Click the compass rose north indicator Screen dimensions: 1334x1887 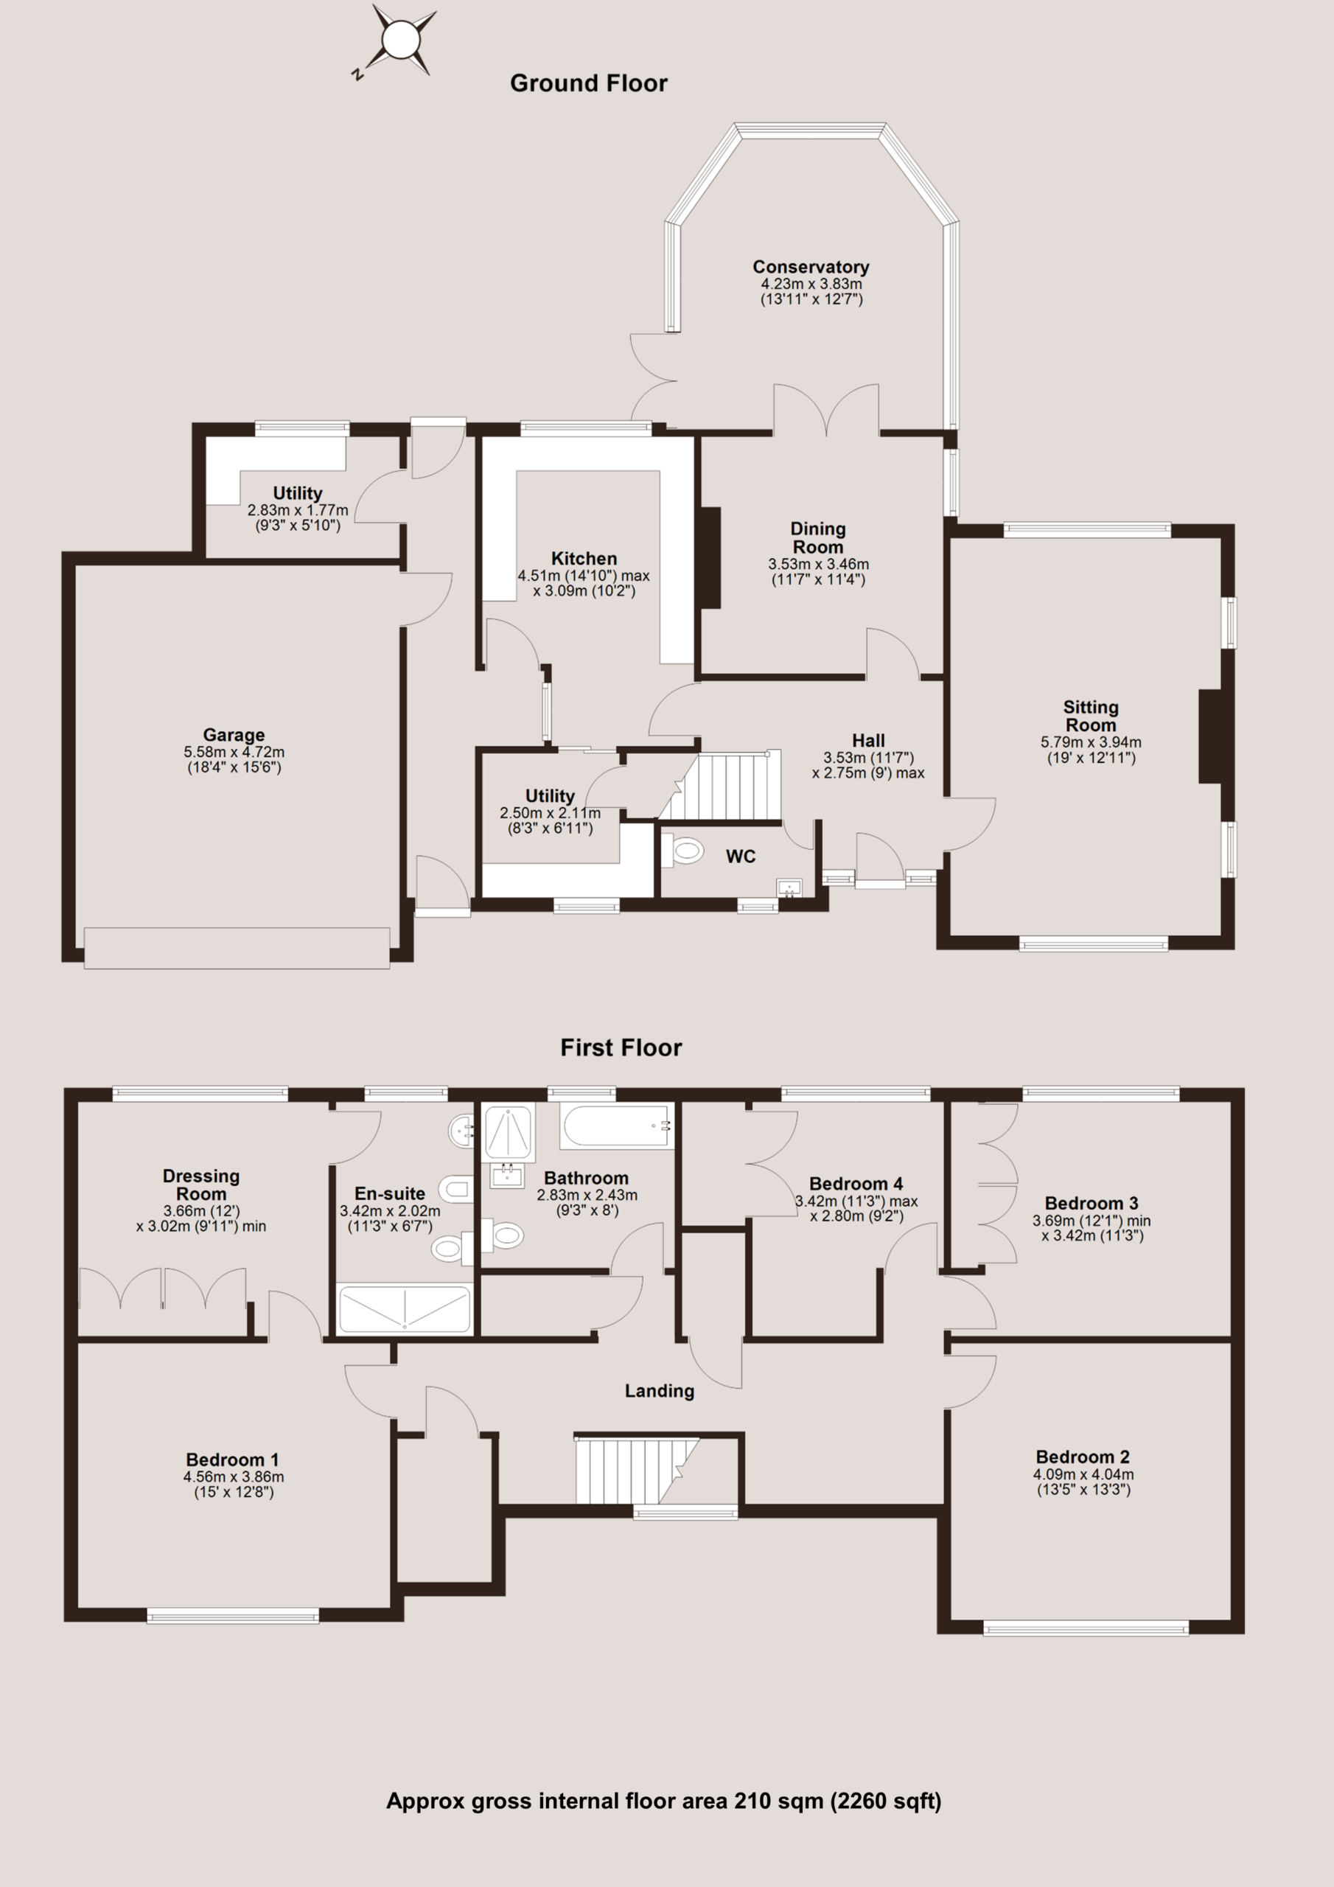coord(357,74)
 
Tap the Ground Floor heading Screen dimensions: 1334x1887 coord(588,83)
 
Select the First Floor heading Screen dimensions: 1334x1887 coord(621,1048)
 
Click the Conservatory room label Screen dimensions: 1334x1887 coord(811,267)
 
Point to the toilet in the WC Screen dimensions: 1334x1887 coord(682,851)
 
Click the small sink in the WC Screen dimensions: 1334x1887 coord(789,887)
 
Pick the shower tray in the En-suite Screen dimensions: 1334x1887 coord(405,1309)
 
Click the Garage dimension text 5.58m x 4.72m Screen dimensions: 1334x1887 coord(234,751)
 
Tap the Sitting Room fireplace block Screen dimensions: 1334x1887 coord(1211,736)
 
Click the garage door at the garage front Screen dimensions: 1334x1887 coord(237,949)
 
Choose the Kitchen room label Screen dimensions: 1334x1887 coord(584,559)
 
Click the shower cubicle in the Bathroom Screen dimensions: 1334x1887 coord(508,1132)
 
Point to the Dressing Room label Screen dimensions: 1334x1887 coord(201,1185)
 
